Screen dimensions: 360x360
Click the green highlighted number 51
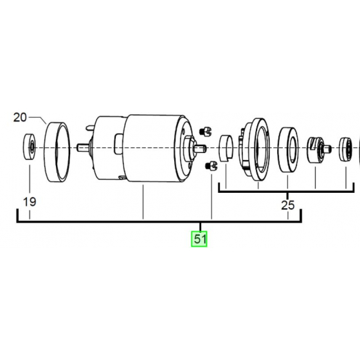pyautogui.click(x=200, y=240)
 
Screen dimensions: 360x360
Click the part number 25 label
pyautogui.click(x=287, y=206)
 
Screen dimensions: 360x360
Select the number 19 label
pyautogui.click(x=30, y=203)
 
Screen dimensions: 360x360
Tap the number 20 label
pyautogui.click(x=20, y=117)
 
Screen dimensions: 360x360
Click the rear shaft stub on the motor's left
pyautogui.click(x=82, y=147)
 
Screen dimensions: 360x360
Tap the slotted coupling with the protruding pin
pyautogui.click(x=317, y=149)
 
